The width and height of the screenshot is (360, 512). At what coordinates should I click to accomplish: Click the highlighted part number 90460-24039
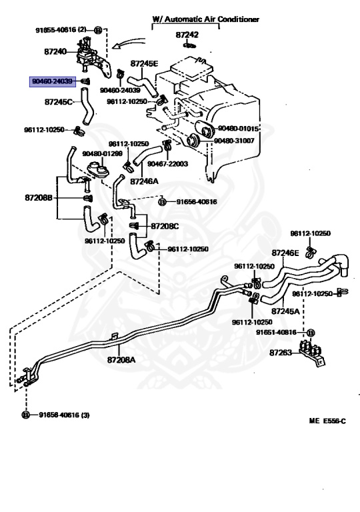[x=52, y=81]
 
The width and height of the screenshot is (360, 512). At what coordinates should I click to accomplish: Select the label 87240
[x=55, y=51]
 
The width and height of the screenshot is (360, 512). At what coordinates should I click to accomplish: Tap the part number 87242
[x=187, y=35]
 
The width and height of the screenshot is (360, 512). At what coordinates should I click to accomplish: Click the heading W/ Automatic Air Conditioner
[x=205, y=19]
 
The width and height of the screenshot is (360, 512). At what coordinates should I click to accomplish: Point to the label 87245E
[x=144, y=63]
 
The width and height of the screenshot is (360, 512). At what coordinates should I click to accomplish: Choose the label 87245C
[x=59, y=102]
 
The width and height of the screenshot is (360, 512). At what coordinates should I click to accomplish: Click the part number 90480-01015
[x=238, y=128]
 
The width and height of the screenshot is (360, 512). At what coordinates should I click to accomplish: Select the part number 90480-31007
[x=234, y=141]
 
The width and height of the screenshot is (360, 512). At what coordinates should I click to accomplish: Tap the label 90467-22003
[x=167, y=163]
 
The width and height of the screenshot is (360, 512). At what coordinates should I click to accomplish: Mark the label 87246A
[x=144, y=181]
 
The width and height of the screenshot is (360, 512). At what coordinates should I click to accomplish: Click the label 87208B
[x=39, y=197]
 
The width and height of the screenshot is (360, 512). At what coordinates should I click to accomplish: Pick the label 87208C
[x=165, y=226]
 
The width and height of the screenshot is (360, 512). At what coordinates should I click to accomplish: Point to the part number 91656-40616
[x=197, y=202]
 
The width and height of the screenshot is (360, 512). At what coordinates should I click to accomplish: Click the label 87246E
[x=285, y=253]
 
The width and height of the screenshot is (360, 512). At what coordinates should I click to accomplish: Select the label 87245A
[x=285, y=311]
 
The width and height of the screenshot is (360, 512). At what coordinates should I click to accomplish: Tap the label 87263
[x=281, y=353]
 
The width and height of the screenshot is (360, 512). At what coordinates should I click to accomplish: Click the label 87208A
[x=121, y=359]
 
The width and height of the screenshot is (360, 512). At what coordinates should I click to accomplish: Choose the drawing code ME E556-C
[x=327, y=421]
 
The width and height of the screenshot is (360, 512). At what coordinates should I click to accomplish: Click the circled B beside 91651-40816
[x=311, y=333]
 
